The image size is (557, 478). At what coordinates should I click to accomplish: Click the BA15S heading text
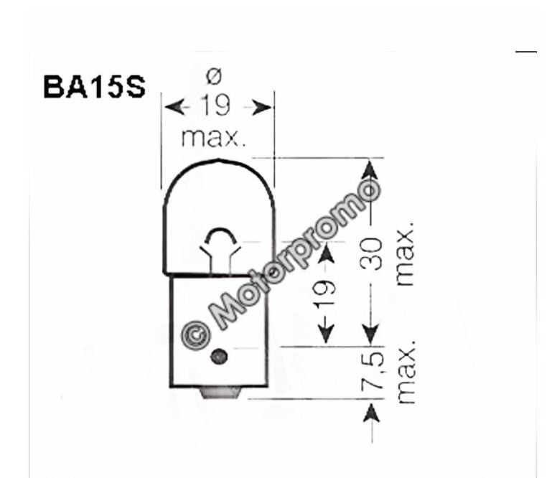coord(94,87)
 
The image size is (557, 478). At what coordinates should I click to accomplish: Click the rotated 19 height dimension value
coord(326,294)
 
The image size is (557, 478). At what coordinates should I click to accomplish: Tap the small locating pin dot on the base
coord(219,356)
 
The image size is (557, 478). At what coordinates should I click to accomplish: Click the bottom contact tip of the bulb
coord(217,392)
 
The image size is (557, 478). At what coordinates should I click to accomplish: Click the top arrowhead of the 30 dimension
coord(369,169)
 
